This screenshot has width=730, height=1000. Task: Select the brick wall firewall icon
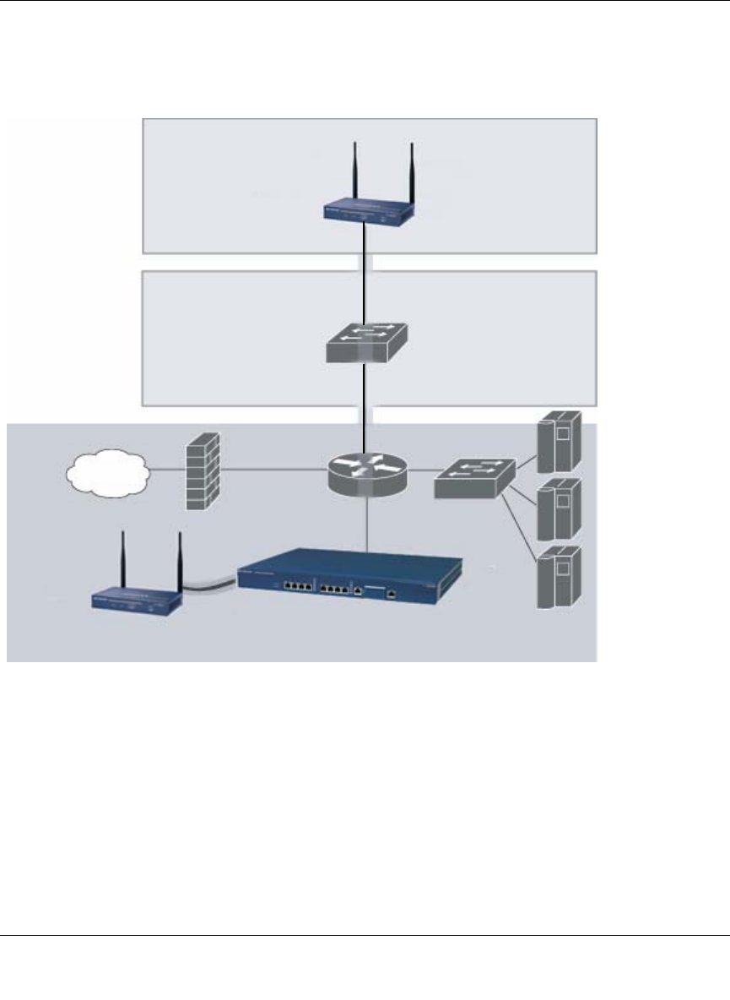coord(202,470)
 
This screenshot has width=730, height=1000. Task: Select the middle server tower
coord(558,507)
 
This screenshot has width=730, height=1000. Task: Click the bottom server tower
coord(558,577)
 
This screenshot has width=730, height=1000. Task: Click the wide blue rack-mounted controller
coord(350,579)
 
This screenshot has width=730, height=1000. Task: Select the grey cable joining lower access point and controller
coord(209,587)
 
